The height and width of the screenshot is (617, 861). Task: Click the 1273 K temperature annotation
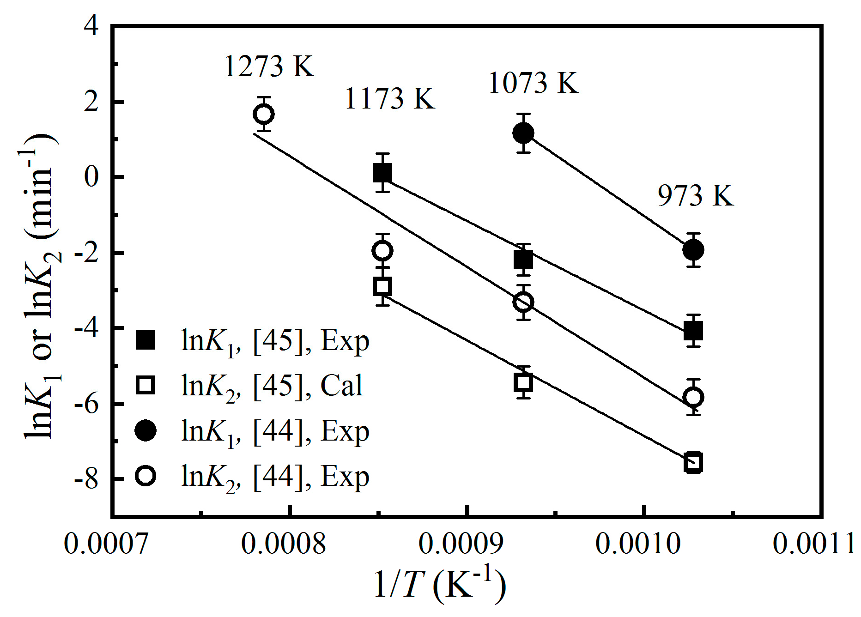(269, 67)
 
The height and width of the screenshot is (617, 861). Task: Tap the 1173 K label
(389, 98)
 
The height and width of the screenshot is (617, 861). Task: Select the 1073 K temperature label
(533, 83)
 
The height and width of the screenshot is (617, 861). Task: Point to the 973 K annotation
(695, 195)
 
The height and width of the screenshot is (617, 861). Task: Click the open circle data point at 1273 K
(264, 114)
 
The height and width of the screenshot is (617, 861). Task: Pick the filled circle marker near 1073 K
(523, 133)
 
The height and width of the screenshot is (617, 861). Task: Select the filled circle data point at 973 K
(693, 250)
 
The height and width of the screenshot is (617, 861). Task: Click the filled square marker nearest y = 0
(382, 173)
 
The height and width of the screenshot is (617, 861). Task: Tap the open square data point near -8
(693, 462)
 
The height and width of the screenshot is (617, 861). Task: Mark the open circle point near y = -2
(382, 251)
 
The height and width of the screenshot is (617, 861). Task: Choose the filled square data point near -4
(693, 331)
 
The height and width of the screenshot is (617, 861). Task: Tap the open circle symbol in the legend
(146, 476)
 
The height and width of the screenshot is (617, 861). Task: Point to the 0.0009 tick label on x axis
(461, 544)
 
